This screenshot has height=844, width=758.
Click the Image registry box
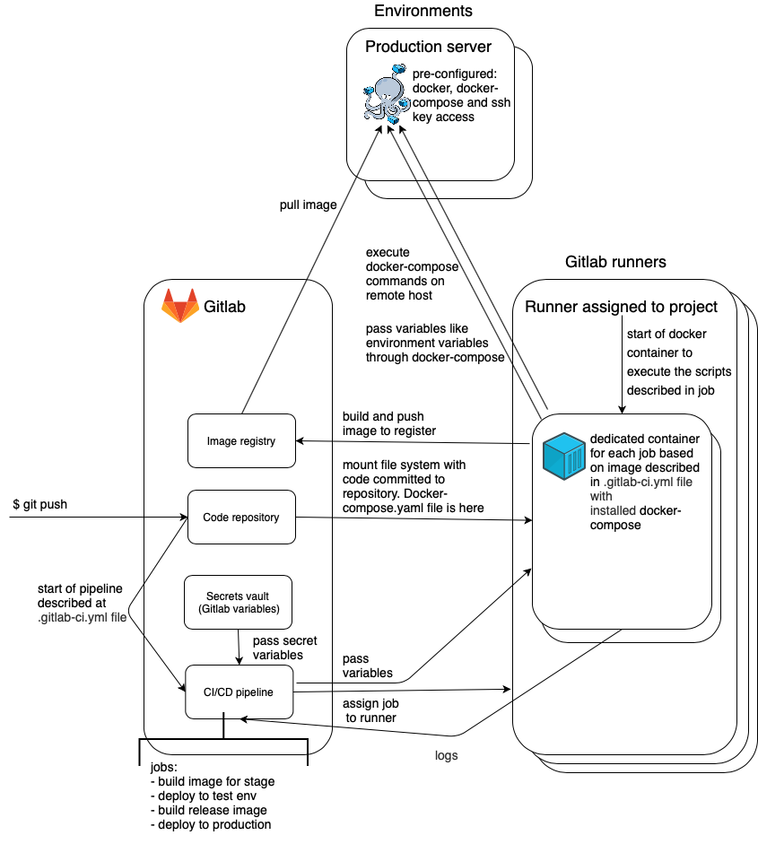[241, 440]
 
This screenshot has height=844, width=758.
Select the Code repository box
[241, 517]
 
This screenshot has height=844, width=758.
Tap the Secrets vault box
[238, 603]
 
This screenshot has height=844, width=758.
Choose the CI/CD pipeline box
[239, 692]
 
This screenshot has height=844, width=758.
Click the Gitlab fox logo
[179, 306]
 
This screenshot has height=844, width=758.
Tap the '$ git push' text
[40, 505]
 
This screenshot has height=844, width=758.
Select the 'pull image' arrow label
[308, 204]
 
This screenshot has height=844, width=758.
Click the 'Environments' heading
[423, 12]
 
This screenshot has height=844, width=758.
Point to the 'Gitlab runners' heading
[615, 263]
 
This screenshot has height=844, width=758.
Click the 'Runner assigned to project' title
[621, 307]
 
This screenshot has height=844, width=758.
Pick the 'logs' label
[446, 755]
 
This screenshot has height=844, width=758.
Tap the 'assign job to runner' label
[369, 710]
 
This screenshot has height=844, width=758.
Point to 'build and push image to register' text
[388, 423]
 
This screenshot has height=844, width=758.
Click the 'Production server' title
[427, 47]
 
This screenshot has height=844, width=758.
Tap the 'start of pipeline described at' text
[82, 596]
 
